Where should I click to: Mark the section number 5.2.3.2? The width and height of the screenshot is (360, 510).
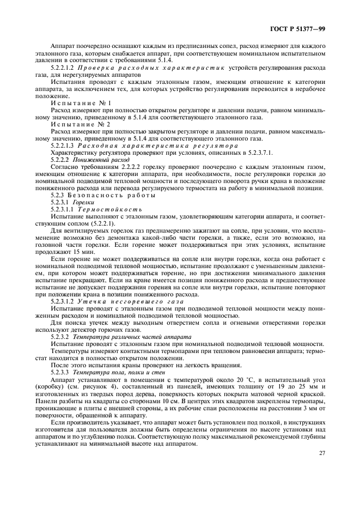tap(61, 337)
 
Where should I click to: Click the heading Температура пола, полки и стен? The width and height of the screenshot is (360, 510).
tap(121, 372)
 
